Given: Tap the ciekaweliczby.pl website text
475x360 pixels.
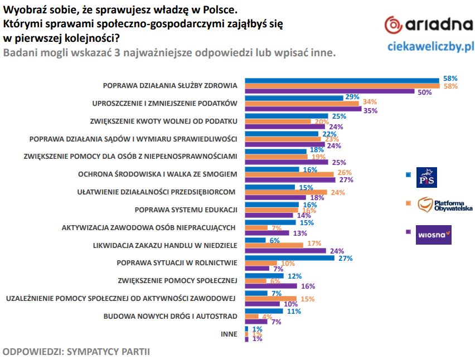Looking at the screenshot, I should [x=430, y=46].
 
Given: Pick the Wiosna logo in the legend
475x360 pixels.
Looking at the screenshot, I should [x=433, y=234].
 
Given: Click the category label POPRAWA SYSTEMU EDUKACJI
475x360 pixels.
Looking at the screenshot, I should [x=186, y=210].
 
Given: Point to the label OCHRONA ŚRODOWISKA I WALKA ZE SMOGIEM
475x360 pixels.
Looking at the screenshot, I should [x=158, y=174].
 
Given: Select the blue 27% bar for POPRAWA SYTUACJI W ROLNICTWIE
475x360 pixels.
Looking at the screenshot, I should [x=289, y=258].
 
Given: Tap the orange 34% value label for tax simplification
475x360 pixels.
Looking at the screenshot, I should [x=370, y=102].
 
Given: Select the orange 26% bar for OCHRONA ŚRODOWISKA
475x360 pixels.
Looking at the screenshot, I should [x=290, y=173].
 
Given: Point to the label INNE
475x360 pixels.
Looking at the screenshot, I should [x=229, y=334].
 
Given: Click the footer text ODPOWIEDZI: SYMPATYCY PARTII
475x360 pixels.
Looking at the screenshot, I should [x=76, y=352].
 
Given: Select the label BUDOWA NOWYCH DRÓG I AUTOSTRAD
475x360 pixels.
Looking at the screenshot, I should [x=171, y=317].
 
